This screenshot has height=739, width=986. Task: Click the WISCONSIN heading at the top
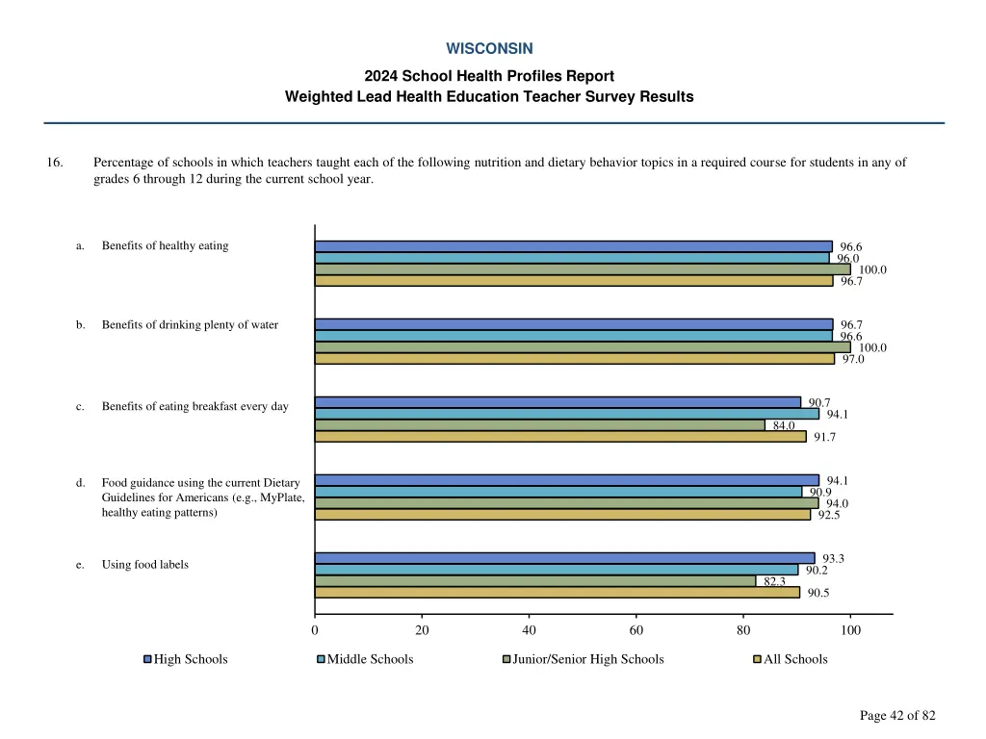tap(489, 48)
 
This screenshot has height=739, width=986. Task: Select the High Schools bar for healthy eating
tap(573, 246)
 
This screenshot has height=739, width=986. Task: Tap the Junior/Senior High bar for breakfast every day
tap(539, 425)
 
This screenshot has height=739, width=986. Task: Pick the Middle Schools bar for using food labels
tap(556, 570)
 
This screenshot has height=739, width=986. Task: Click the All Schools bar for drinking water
tap(574, 359)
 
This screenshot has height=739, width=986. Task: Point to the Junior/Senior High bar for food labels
tap(534, 581)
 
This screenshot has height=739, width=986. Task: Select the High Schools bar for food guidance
tap(566, 480)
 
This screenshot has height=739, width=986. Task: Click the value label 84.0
tap(784, 425)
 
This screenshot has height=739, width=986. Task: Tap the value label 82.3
tap(775, 581)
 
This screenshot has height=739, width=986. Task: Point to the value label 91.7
tap(824, 437)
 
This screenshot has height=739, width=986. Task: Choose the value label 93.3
tap(833, 558)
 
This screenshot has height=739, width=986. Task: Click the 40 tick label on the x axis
tap(529, 631)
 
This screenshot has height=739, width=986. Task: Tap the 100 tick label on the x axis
tap(850, 631)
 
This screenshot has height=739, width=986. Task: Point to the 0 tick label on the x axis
tap(315, 631)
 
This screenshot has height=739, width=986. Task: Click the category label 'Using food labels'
tap(144, 565)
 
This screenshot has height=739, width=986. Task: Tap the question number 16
tap(55, 163)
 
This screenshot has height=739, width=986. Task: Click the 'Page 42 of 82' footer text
tap(897, 715)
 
